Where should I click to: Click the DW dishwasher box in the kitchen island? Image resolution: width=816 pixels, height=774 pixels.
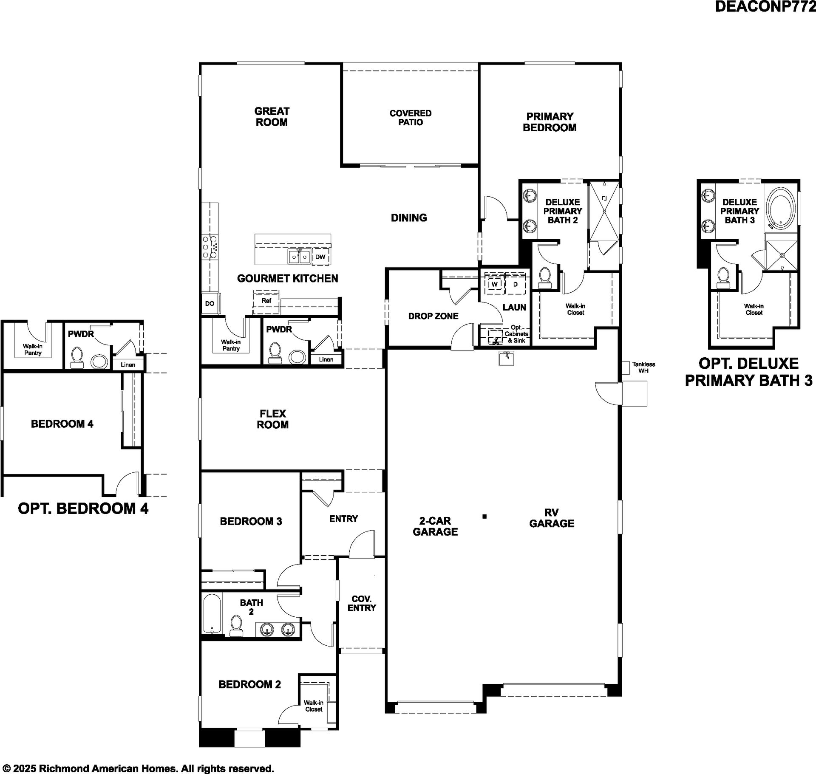coord(320,257)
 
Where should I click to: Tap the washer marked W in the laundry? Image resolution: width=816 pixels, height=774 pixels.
coord(494,284)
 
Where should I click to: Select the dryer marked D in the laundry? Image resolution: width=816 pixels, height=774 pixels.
coord(515,284)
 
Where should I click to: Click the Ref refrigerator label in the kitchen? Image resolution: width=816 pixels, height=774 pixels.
coord(266,301)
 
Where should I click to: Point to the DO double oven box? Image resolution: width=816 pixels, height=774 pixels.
coord(210,304)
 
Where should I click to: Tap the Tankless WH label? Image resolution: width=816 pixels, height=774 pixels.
coord(643,367)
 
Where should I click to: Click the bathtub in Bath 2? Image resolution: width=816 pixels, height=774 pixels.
coord(212,614)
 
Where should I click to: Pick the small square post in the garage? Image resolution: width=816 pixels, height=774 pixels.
coord(484,517)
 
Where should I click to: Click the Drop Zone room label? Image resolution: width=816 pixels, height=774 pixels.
coord(433,316)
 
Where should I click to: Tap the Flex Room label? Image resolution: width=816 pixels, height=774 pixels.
coord(272,419)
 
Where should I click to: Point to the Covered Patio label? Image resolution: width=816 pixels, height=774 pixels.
coord(411,118)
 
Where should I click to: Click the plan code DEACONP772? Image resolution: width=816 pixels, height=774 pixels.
coord(765,7)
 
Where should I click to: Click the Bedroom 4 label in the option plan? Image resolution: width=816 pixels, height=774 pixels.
coord(62,424)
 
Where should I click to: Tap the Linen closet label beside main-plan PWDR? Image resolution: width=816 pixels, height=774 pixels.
coord(326,359)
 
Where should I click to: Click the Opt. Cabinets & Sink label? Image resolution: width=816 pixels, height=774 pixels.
coord(516,334)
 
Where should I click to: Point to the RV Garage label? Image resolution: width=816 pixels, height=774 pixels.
coord(552,518)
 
